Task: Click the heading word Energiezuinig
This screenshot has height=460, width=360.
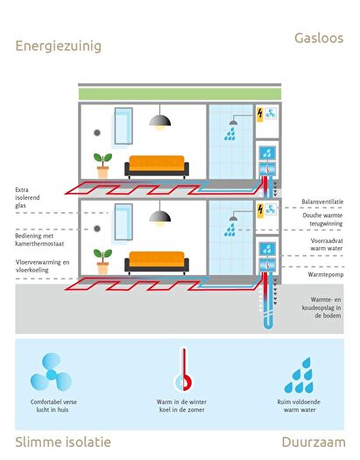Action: [x=59, y=46]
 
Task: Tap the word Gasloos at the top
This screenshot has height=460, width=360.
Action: [x=319, y=39]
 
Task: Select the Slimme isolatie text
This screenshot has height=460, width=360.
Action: [x=63, y=442]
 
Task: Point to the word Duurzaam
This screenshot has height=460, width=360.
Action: [x=314, y=442]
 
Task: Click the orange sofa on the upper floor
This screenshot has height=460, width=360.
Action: [x=157, y=166]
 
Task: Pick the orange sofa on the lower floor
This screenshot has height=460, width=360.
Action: [x=157, y=262]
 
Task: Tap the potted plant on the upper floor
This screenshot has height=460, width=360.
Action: [x=102, y=166]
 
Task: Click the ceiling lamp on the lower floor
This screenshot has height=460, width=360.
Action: [x=159, y=214]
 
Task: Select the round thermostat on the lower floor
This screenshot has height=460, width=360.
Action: [x=97, y=229]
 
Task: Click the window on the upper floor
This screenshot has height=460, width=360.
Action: [x=124, y=126]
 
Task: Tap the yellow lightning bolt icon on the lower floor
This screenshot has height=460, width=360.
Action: [x=260, y=210]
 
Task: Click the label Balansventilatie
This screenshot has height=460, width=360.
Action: [x=322, y=202]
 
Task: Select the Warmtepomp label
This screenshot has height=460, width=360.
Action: [x=326, y=274]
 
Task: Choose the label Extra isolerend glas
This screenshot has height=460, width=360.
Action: [x=27, y=197]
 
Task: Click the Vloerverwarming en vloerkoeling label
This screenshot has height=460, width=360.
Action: [x=43, y=265]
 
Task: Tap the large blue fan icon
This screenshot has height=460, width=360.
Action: [x=51, y=372]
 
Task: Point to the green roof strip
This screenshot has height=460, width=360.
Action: [x=180, y=94]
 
